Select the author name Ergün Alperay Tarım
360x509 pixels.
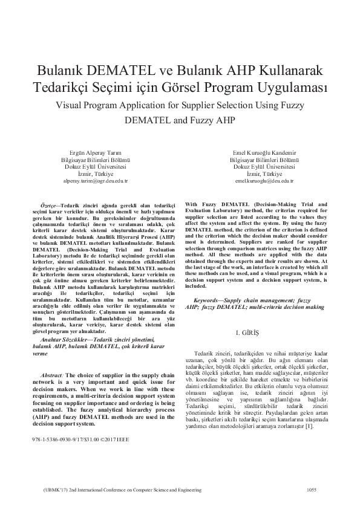click(95, 153)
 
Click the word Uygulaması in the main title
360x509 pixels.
click(292, 86)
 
